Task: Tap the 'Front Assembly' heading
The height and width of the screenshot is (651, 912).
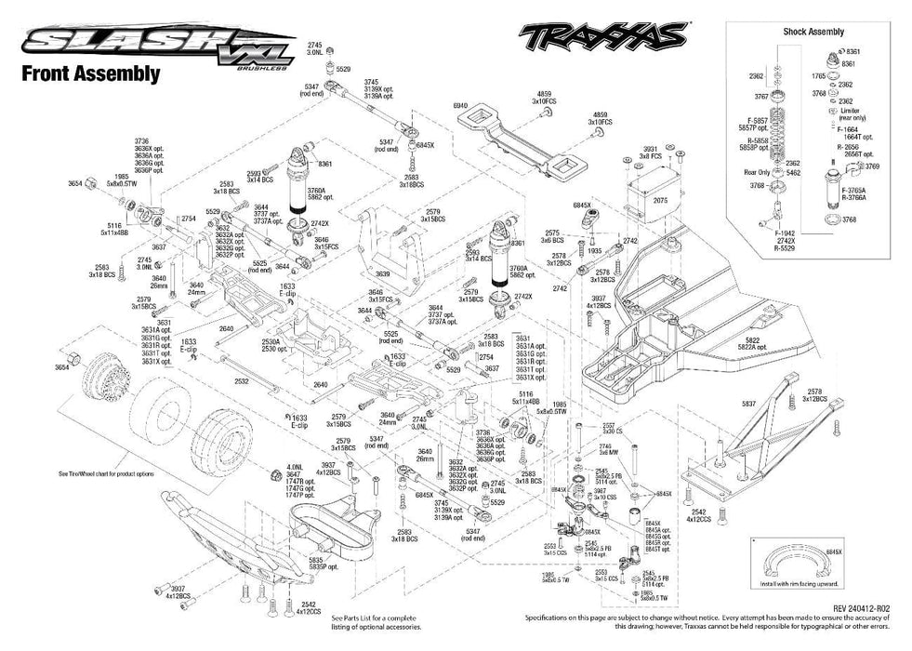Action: pyautogui.click(x=90, y=74)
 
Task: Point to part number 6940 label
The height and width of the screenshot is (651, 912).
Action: pyautogui.click(x=459, y=105)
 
